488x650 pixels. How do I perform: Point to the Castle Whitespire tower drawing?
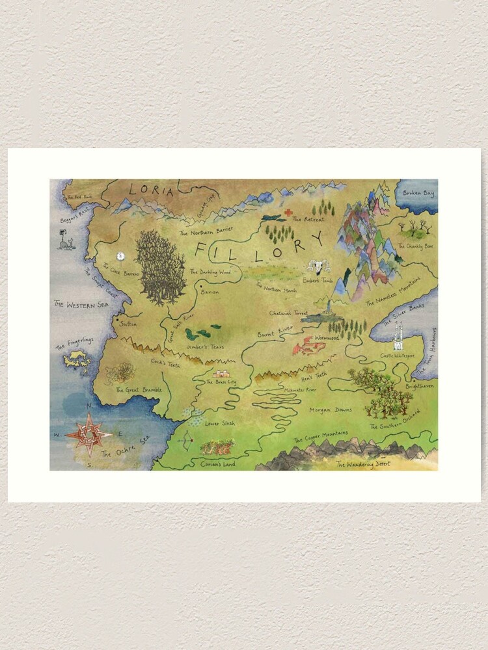click(398, 337)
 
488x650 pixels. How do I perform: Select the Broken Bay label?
click(418, 193)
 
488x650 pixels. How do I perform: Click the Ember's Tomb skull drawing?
click(318, 267)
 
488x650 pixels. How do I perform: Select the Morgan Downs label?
click(331, 410)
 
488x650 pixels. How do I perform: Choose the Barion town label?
click(210, 293)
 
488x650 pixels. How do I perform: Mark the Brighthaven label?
click(417, 386)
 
